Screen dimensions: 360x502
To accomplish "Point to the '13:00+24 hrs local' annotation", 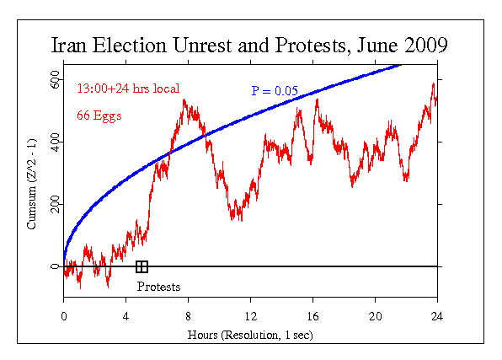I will click(x=128, y=88).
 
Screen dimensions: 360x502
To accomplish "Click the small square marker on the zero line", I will click(x=142, y=266).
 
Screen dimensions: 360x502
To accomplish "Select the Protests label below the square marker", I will click(x=158, y=287).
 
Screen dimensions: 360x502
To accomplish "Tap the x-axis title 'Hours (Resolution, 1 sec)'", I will click(x=250, y=336).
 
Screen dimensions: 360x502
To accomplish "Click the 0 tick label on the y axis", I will click(x=56, y=266).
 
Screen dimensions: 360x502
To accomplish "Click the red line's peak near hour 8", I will click(x=184, y=101).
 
